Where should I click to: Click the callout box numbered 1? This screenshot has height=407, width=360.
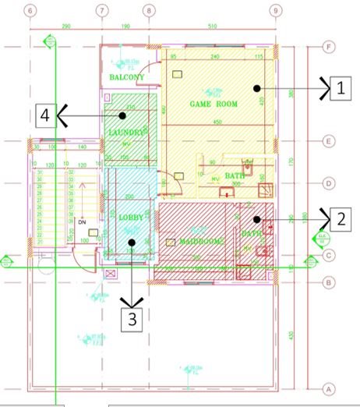pyautogui.click(x=341, y=87)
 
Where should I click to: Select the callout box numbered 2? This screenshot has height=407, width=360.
pyautogui.click(x=341, y=218)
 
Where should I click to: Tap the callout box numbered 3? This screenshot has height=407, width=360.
pyautogui.click(x=132, y=320)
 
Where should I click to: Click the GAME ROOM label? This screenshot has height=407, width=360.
pyautogui.click(x=214, y=104)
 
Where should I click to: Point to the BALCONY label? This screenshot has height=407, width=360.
pyautogui.click(x=127, y=78)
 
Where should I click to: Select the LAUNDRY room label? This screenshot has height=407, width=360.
pyautogui.click(x=127, y=133)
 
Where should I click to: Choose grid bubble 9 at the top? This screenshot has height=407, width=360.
pyautogui.click(x=274, y=11)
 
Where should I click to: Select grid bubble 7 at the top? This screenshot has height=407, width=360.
pyautogui.click(x=101, y=11)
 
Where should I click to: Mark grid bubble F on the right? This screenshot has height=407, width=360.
pyautogui.click(x=328, y=48)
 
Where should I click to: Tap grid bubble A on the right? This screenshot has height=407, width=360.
pyautogui.click(x=328, y=388)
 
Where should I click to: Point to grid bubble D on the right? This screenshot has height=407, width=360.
pyautogui.click(x=328, y=184)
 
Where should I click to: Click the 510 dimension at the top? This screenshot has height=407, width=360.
pyautogui.click(x=211, y=27)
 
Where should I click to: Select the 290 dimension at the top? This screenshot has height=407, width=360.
pyautogui.click(x=65, y=27)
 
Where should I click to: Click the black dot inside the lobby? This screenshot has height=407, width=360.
pyautogui.click(x=132, y=242)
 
